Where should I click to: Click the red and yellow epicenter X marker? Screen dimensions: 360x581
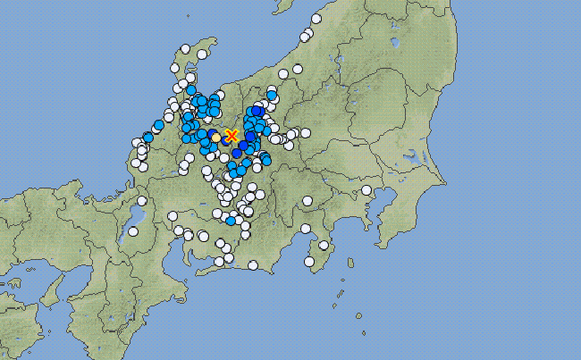(x=232, y=136)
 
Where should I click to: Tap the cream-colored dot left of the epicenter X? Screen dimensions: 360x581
(x=216, y=137)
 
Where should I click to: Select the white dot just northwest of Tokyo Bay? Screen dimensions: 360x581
(x=366, y=190)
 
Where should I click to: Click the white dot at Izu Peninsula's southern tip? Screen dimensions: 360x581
(x=309, y=262)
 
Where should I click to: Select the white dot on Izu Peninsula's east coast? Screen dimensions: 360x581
(x=324, y=245)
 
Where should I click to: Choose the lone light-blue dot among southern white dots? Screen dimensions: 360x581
(x=231, y=220)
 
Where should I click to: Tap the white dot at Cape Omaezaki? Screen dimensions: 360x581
(x=254, y=264)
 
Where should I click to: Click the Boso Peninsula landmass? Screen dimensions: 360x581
(x=398, y=223)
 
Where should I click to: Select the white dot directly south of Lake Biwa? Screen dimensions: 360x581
(x=133, y=231)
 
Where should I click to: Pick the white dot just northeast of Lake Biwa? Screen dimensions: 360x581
(x=141, y=201)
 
